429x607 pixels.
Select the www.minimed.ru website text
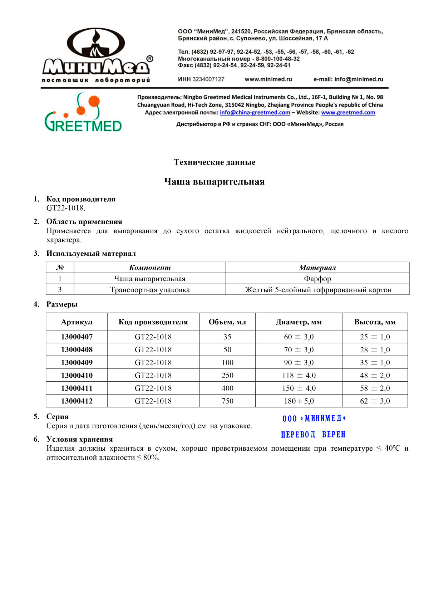[x=268, y=79]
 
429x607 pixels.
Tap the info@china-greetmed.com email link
[x=255, y=113]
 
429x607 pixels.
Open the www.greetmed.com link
[x=348, y=113]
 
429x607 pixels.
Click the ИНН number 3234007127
[x=208, y=79]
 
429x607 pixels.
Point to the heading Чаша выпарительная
[x=214, y=182]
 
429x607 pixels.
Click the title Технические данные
[x=214, y=162]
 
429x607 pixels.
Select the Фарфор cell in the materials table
[x=317, y=279]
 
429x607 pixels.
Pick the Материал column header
[x=317, y=268]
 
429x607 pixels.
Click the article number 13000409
[x=77, y=363]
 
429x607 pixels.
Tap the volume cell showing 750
[x=227, y=401]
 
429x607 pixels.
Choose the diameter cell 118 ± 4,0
[x=299, y=376]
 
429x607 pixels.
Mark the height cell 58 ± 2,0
[x=375, y=388]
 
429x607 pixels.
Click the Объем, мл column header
[x=227, y=322]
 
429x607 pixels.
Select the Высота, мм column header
[x=375, y=322]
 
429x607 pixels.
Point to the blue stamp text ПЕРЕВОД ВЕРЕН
[x=313, y=435]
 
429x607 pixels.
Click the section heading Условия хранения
[x=79, y=439]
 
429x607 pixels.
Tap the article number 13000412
[x=77, y=401]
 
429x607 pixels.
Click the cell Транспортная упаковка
[x=150, y=290]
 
